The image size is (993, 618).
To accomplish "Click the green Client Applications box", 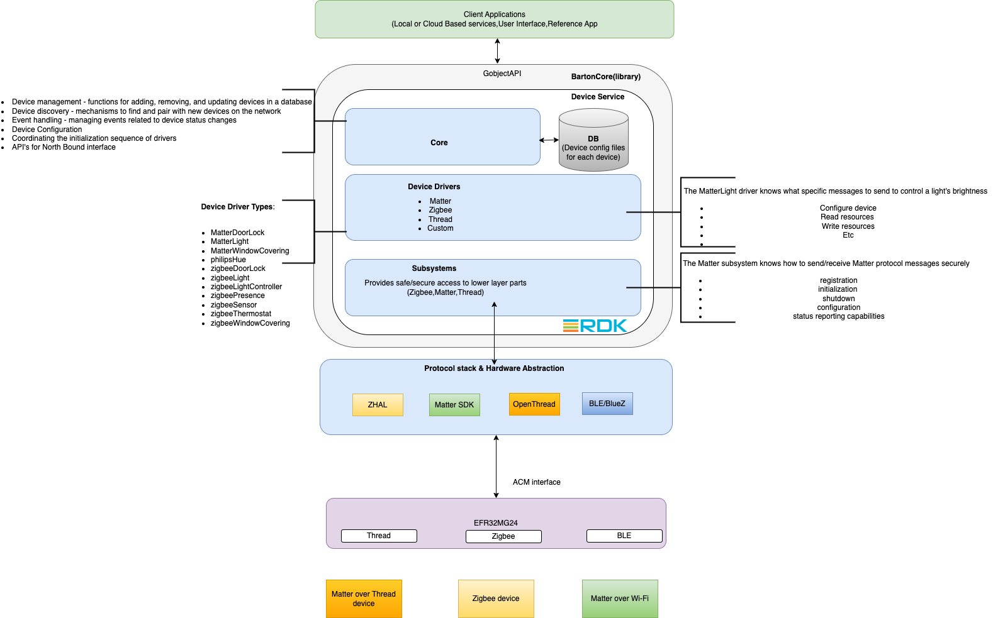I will [x=494, y=19].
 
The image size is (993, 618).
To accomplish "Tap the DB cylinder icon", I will [x=593, y=140].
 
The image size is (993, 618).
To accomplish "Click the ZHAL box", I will [x=378, y=405].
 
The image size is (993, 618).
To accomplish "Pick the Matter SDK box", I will [x=454, y=405].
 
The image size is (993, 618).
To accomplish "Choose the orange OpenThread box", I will [x=534, y=404].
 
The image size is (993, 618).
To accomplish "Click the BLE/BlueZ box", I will [x=607, y=404].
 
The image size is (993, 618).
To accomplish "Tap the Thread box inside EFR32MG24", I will [x=379, y=536].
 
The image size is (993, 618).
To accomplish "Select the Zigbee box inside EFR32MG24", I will [x=503, y=536].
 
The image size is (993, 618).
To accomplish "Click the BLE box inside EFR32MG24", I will [x=624, y=536].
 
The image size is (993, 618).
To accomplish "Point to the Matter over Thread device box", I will [x=364, y=599].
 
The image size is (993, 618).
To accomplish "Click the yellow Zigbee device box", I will [x=496, y=599].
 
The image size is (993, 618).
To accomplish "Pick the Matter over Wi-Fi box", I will [x=620, y=599].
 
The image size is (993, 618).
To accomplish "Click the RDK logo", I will [x=595, y=326].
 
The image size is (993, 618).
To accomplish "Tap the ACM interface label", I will [x=537, y=482].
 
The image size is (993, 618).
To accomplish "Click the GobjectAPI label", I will [x=502, y=74].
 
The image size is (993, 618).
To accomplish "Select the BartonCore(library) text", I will [x=606, y=77].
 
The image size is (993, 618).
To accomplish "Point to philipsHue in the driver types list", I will [x=228, y=260].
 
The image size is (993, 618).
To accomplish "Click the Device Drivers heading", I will [x=434, y=187].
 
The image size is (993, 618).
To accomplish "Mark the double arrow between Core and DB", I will [x=549, y=140].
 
